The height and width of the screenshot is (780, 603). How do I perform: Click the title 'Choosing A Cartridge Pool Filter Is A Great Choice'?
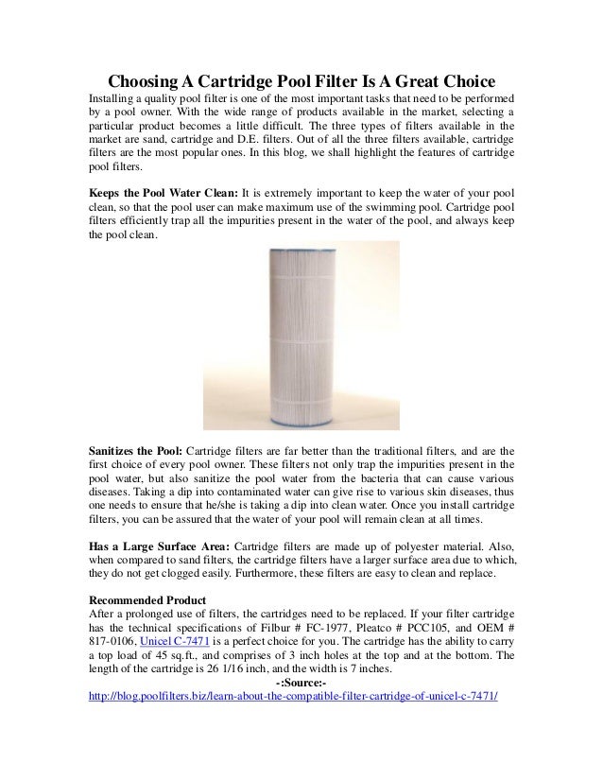pos(301,78)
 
